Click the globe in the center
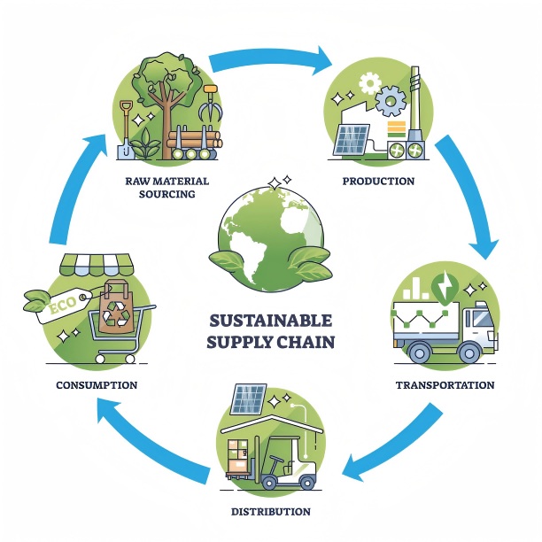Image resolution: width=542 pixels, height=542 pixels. pos(270,229)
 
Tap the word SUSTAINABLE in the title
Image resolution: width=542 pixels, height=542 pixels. pos(270,320)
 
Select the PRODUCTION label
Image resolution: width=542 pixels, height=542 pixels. pos(378,181)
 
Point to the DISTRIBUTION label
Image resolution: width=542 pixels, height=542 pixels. pos(270,511)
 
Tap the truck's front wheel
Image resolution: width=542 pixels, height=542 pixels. pos(468,351)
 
